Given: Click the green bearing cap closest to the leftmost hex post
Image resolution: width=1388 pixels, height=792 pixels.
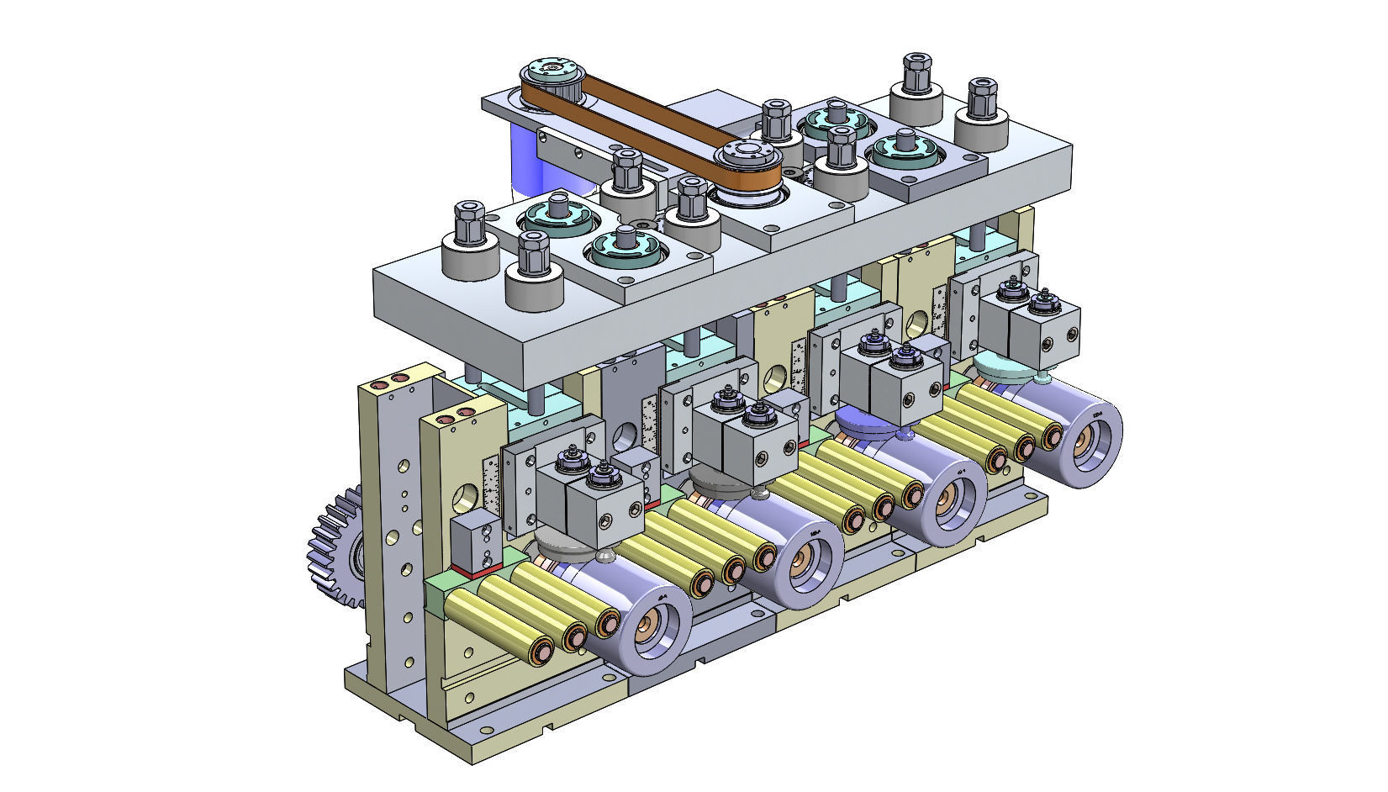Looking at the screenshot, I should [555, 217].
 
